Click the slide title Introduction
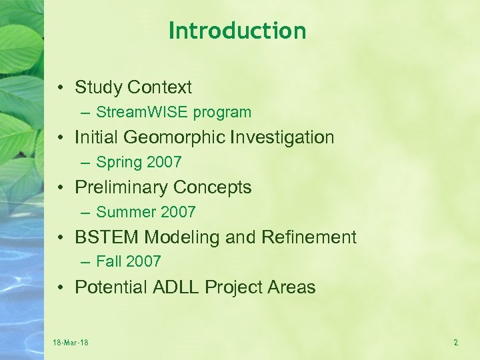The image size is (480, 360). [x=237, y=31]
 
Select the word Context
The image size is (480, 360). [x=160, y=87]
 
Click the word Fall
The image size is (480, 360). [x=109, y=262]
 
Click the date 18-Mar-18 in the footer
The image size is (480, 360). [x=71, y=343]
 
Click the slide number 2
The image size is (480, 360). [x=456, y=343]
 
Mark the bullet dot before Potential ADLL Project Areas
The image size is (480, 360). [x=61, y=288]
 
